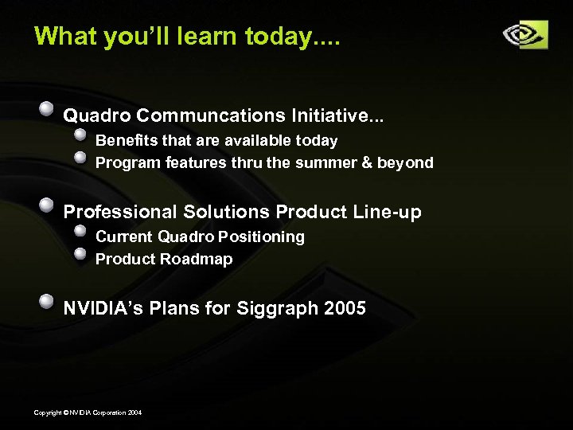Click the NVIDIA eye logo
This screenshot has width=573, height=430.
524,35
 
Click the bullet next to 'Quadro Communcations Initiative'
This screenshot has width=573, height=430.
48,107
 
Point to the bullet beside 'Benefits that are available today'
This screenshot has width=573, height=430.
80,135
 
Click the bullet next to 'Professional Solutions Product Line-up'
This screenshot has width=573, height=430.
48,204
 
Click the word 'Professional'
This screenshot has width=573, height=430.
120,213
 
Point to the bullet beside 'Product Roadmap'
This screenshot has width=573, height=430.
80,253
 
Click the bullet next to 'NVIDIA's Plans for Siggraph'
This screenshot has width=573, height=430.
48,300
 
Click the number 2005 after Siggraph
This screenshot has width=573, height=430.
345,308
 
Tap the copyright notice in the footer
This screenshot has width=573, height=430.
88,412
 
